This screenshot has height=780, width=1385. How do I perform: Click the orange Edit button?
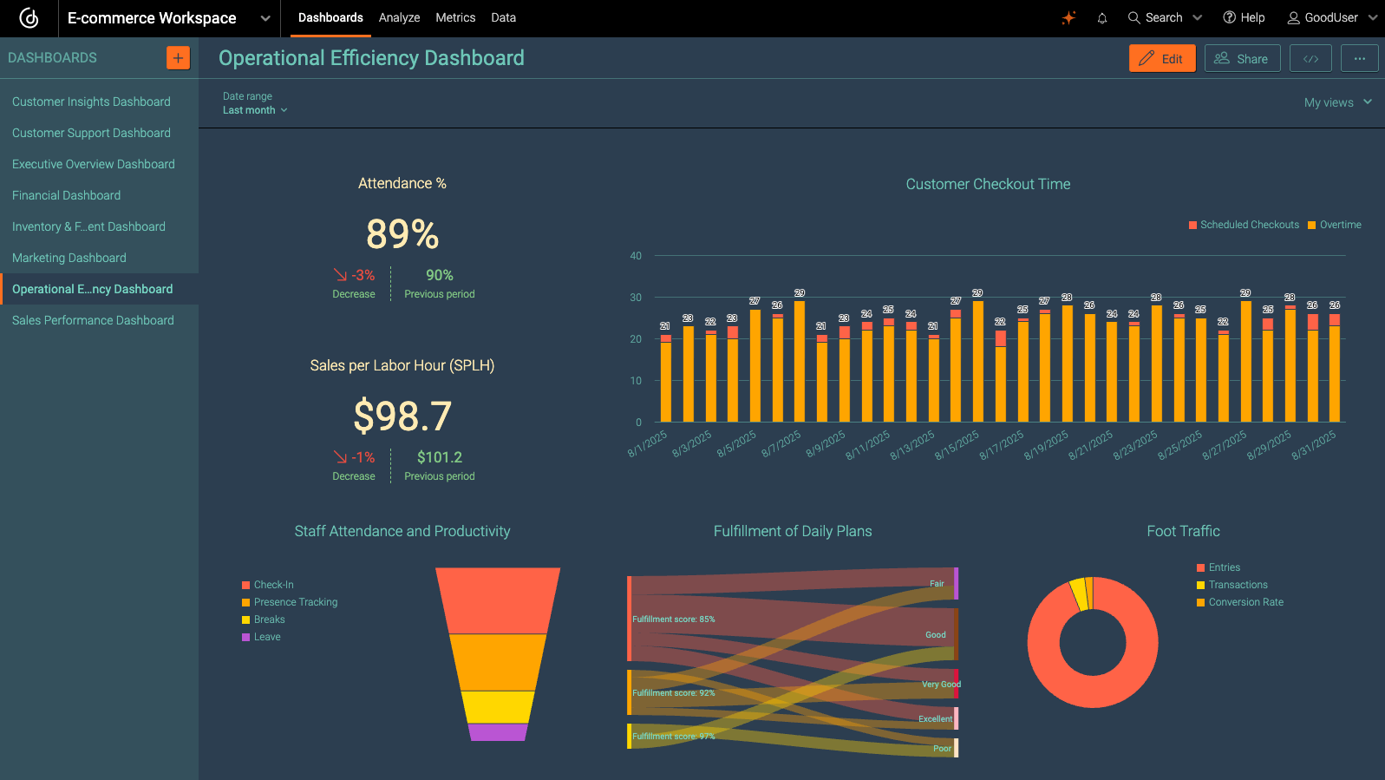pyautogui.click(x=1162, y=58)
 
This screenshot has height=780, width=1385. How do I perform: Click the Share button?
pyautogui.click(x=1242, y=58)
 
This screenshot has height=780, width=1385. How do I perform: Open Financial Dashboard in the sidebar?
pyautogui.click(x=67, y=195)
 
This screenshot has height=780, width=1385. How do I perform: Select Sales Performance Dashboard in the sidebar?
pyautogui.click(x=93, y=320)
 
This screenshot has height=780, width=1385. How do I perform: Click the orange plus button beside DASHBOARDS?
pyautogui.click(x=178, y=58)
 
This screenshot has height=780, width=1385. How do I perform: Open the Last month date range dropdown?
pyautogui.click(x=254, y=110)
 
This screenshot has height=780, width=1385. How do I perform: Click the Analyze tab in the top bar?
pyautogui.click(x=399, y=17)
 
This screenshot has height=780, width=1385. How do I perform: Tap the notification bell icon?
pyautogui.click(x=1102, y=17)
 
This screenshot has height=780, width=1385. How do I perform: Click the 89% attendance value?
pyautogui.click(x=402, y=234)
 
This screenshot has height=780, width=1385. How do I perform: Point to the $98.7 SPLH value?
pyautogui.click(x=402, y=416)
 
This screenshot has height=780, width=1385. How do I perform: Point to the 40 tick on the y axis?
pyautogui.click(x=636, y=256)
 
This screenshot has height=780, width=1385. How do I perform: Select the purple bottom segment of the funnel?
pyautogui.click(x=498, y=732)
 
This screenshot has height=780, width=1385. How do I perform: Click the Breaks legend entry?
pyautogui.click(x=269, y=619)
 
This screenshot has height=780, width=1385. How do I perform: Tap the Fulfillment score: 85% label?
pyautogui.click(x=673, y=619)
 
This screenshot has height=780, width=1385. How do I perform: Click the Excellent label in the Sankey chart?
pyautogui.click(x=935, y=718)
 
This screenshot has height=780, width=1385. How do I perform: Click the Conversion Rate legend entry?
pyautogui.click(x=1245, y=602)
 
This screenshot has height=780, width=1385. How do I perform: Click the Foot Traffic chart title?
pyautogui.click(x=1183, y=531)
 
